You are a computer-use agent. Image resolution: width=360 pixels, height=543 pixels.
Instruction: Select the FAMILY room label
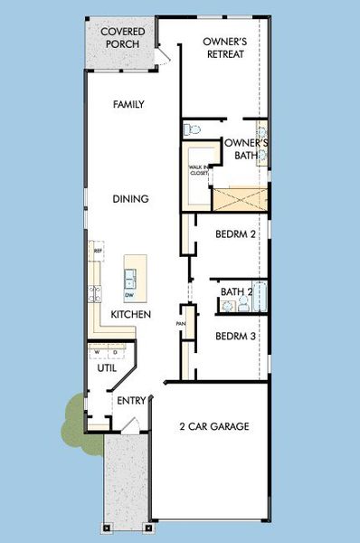129,105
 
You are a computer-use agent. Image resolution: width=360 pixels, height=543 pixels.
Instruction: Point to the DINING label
131,198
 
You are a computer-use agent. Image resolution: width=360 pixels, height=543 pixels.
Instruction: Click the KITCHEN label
130,314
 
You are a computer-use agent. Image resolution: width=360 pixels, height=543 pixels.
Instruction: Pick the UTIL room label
106,368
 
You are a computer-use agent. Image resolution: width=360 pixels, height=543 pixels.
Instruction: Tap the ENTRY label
126,401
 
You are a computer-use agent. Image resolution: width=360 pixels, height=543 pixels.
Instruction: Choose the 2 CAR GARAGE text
213,426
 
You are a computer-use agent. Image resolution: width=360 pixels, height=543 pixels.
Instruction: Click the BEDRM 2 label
237,234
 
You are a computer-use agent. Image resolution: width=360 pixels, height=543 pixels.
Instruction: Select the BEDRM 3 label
237,336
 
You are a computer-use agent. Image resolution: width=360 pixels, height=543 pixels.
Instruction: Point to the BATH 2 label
236,292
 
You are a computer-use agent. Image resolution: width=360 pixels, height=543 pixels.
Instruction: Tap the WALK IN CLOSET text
198,169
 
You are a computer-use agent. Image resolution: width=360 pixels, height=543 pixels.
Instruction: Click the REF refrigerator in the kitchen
99,251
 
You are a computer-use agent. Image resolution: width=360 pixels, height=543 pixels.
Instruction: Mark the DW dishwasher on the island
130,295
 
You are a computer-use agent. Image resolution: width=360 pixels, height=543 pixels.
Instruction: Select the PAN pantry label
181,323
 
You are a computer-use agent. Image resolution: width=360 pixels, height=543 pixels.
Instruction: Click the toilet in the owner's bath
191,130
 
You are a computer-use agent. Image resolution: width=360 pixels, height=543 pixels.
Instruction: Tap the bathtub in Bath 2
259,296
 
